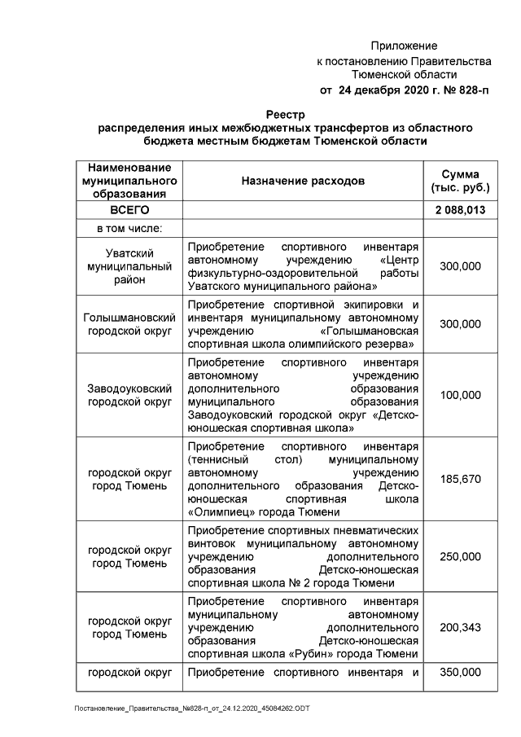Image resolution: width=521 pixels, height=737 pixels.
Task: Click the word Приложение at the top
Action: pos(404,46)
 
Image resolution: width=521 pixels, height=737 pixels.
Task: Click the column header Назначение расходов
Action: pos(303,179)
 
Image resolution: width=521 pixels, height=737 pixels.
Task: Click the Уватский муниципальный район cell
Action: pos(129,266)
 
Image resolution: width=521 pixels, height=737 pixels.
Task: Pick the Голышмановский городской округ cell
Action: pos(129,323)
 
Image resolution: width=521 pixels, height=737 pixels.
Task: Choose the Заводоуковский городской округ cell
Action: pos(129,395)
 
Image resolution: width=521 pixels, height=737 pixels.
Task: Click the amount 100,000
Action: pos(460,395)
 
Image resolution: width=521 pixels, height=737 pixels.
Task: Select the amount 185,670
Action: pos(460,479)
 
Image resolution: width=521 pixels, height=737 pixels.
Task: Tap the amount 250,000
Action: pos(460,556)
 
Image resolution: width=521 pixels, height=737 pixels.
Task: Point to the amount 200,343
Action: pos(460,626)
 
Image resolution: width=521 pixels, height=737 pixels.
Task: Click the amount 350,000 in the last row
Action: pos(460,673)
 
